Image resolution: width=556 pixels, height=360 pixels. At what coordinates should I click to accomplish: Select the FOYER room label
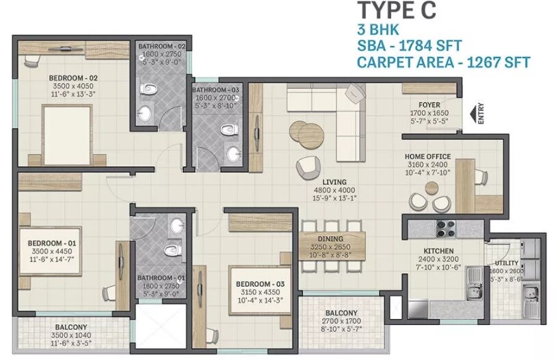[x=429, y=105]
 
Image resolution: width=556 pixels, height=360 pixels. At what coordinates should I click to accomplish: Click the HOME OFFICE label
[x=427, y=155]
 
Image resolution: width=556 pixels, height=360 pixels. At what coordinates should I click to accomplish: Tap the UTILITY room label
[x=507, y=263]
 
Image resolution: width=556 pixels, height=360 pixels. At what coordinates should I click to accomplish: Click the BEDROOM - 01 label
[x=48, y=243]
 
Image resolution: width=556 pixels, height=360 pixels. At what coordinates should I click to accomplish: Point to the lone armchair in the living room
[x=307, y=166]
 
